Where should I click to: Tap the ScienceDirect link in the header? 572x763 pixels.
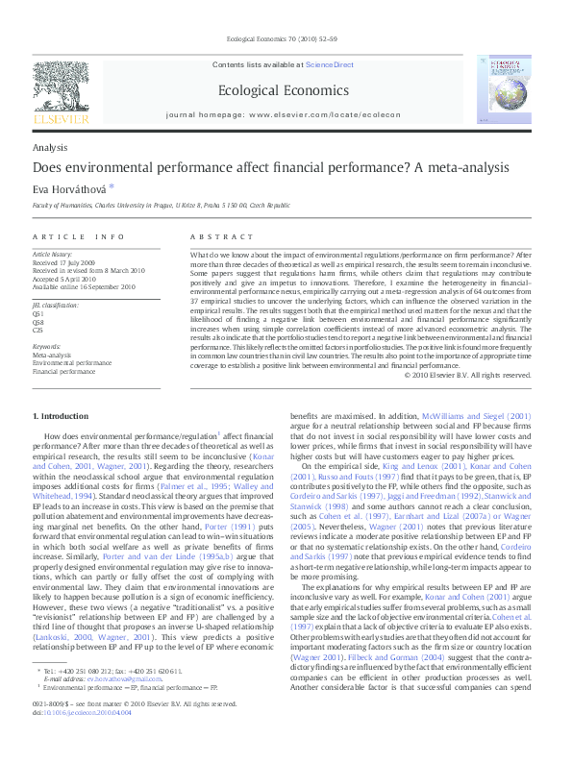pos(330,64)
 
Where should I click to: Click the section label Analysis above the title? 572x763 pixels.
pos(49,147)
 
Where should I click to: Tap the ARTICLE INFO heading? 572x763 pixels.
pos(79,236)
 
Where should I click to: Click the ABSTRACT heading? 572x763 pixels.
pos(222,236)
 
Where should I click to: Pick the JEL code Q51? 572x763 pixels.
pos(38,313)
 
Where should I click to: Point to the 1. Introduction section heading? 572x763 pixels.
pos(61,415)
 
